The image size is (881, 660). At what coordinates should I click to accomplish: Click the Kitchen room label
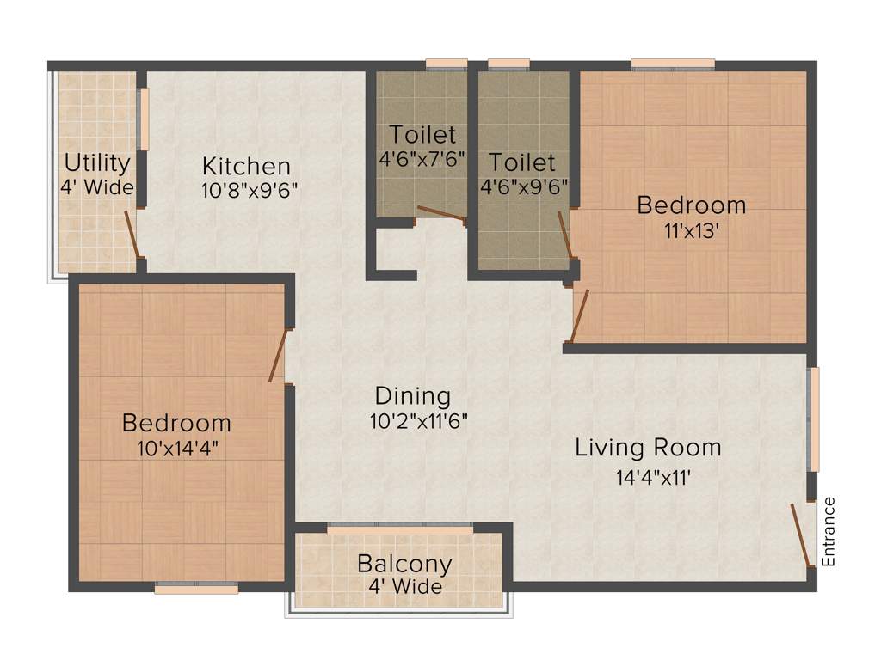(246, 165)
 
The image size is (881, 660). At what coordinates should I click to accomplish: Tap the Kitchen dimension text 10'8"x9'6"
(250, 191)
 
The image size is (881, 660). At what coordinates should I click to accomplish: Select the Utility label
(97, 162)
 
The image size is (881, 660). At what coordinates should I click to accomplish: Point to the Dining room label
(413, 396)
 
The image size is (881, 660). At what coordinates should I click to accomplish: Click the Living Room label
(648, 448)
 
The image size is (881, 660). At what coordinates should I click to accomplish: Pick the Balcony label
(404, 565)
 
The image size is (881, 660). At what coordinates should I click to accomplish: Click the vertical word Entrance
(829, 531)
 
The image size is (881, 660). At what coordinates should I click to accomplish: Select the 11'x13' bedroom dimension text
(691, 231)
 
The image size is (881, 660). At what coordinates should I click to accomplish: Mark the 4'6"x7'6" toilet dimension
(422, 160)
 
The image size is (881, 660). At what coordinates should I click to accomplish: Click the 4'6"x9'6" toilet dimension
(523, 186)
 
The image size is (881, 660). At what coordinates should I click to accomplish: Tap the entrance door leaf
(802, 535)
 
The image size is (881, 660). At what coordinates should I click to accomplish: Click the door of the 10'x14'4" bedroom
(277, 354)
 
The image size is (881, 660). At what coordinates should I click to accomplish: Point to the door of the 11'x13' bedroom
(581, 315)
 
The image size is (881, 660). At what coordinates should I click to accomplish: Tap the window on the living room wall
(814, 419)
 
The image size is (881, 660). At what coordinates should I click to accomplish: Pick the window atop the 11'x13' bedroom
(673, 64)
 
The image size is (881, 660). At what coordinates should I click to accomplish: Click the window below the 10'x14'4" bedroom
(196, 590)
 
